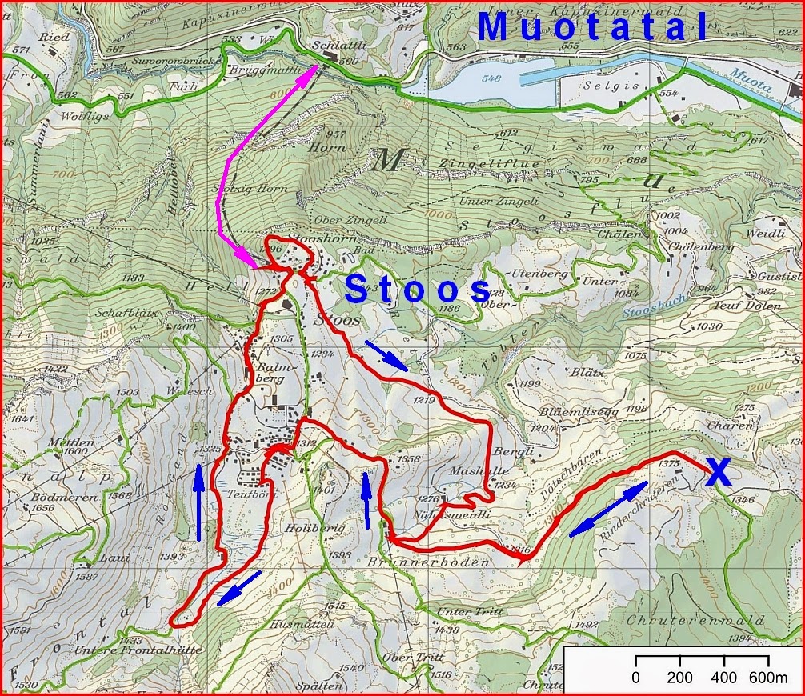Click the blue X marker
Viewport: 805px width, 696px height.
[x=719, y=473]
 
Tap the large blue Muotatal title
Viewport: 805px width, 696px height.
[x=593, y=27]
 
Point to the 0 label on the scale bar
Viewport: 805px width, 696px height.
[x=636, y=678]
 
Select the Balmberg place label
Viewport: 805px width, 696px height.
[x=277, y=374]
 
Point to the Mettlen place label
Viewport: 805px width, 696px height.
[x=70, y=442]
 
